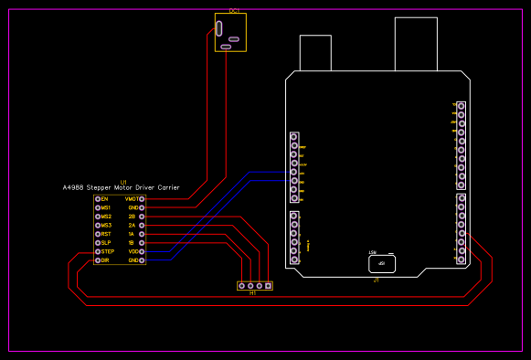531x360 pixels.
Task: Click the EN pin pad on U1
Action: point(98,198)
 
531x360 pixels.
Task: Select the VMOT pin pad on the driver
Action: point(142,198)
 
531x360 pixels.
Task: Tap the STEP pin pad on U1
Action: point(98,251)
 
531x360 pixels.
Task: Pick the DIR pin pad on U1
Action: point(98,260)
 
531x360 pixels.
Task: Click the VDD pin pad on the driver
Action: point(142,251)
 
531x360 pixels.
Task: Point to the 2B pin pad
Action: point(142,217)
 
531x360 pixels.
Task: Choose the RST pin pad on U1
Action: point(98,234)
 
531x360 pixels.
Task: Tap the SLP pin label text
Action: point(106,243)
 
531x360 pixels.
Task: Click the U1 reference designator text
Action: point(123,182)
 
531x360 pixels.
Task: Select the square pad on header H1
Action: point(268,286)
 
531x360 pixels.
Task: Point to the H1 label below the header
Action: point(253,293)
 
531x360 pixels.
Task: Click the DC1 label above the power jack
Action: point(234,11)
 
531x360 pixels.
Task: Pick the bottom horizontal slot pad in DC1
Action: point(226,47)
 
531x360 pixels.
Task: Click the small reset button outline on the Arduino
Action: point(382,263)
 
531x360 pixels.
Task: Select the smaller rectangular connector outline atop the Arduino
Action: point(315,53)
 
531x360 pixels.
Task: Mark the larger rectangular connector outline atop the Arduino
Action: point(416,43)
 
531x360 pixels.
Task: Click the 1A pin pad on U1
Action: point(142,234)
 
